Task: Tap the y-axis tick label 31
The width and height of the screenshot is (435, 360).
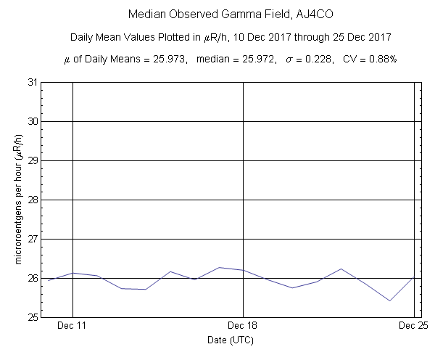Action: tap(33, 82)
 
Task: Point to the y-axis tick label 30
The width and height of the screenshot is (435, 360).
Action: tap(33, 121)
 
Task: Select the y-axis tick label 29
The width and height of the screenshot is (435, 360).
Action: tap(33, 160)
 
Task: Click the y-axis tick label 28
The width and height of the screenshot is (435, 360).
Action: tap(33, 200)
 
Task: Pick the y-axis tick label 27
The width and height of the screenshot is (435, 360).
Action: tap(33, 239)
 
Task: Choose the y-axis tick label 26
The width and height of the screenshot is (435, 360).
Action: tap(33, 278)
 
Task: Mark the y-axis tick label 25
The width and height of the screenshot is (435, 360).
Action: tap(33, 317)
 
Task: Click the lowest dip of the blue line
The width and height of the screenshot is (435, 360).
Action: tap(390, 300)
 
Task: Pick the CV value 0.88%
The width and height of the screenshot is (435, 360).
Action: tap(380, 59)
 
